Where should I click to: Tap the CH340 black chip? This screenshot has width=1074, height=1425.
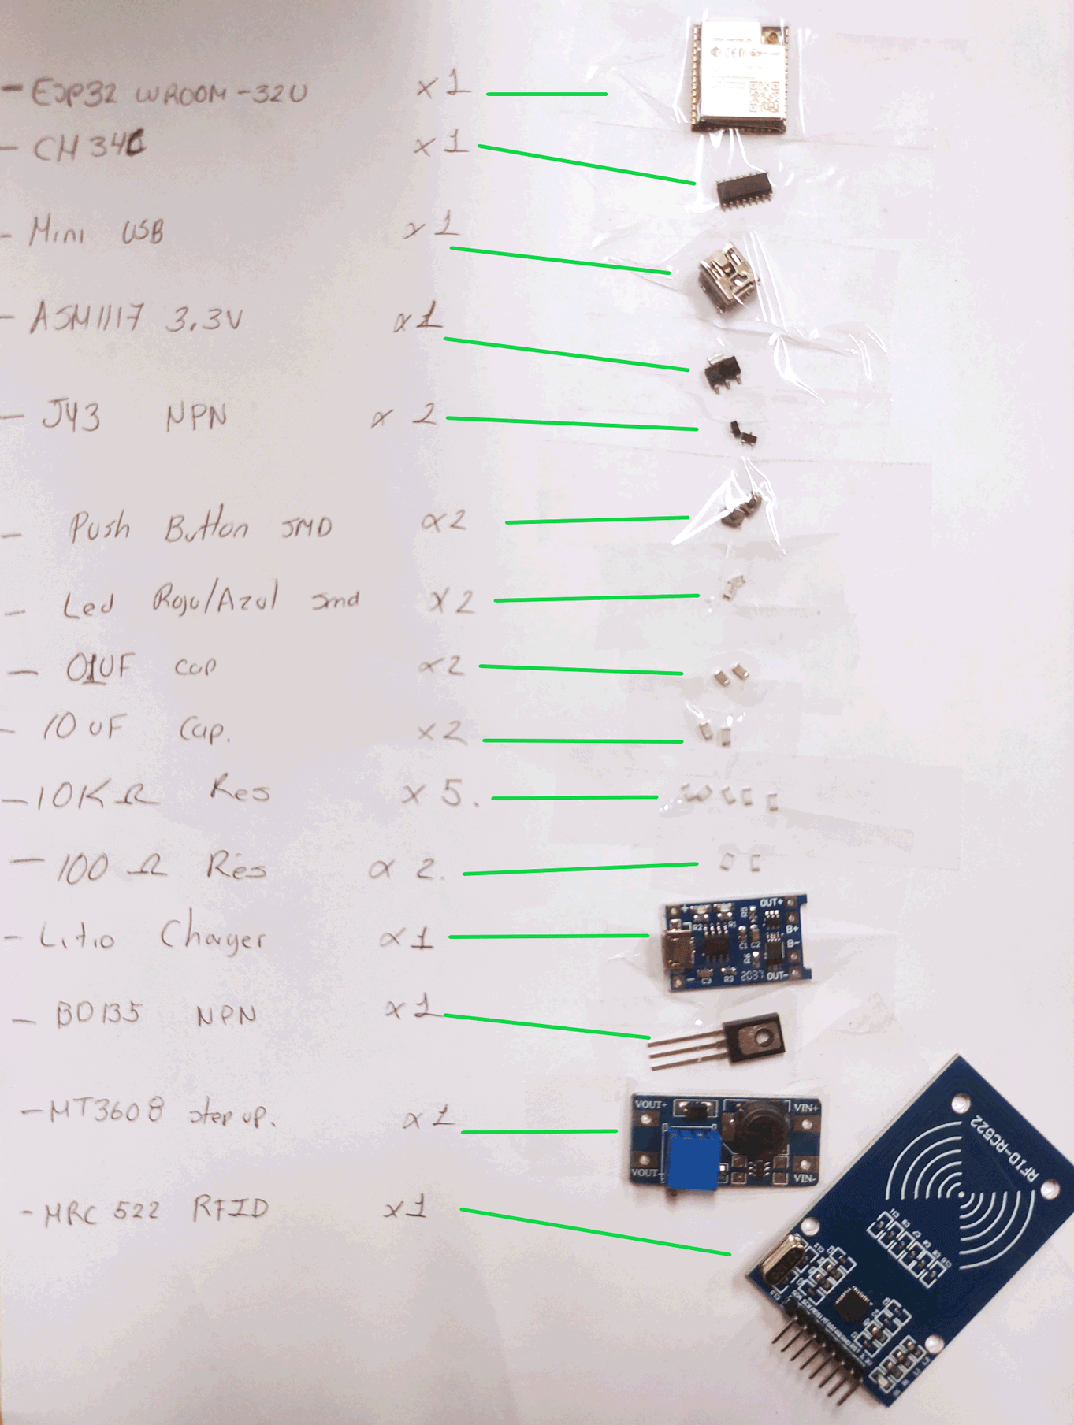point(743,191)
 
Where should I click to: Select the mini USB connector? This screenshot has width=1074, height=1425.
point(727,276)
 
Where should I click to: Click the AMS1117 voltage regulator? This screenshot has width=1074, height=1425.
point(723,370)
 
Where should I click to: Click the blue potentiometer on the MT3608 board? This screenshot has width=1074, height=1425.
point(693,1156)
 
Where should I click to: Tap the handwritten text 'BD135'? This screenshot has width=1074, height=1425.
point(98,1013)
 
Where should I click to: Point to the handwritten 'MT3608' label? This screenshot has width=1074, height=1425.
point(106,1111)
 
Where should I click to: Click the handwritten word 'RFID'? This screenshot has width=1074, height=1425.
point(230,1208)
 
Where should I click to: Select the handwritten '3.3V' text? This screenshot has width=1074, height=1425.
point(203,320)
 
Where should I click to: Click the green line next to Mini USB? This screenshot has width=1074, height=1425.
point(559,261)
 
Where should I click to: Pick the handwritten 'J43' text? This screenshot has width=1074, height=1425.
point(72,416)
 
